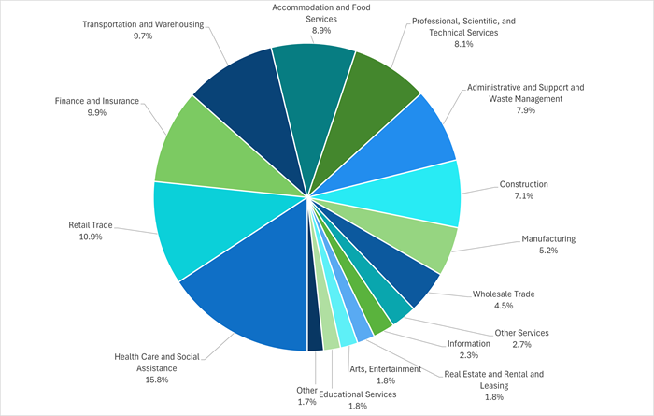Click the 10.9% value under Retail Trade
click(85, 237)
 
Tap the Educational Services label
click(357, 394)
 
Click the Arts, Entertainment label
click(385, 369)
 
